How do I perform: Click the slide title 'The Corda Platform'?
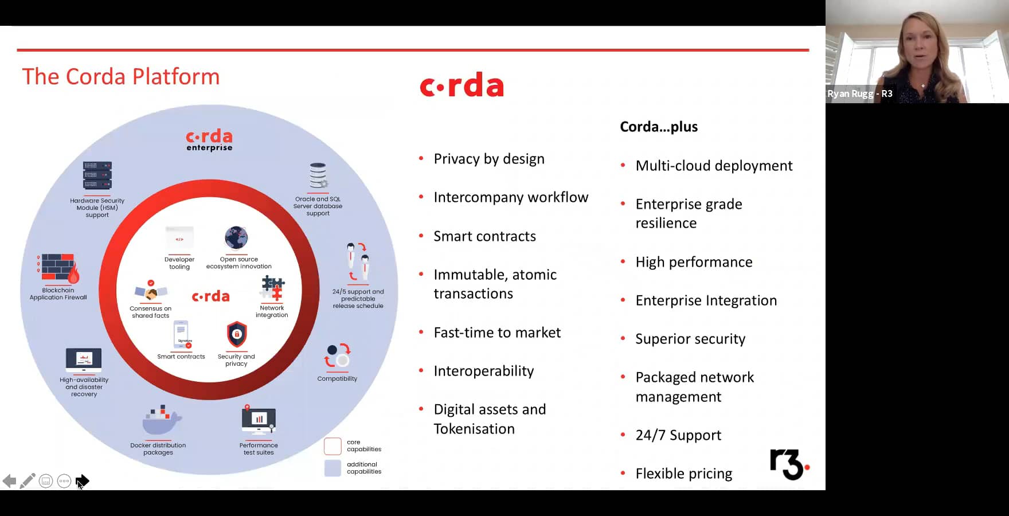tap(120, 77)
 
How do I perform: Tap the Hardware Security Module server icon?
tap(97, 175)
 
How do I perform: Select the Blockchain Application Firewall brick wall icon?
tap(58, 268)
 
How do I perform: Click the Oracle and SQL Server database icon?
tap(318, 175)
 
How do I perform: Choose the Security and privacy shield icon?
tap(237, 334)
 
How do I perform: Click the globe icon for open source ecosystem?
tap(236, 237)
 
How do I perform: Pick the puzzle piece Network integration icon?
tap(273, 288)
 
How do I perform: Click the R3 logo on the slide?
tap(789, 464)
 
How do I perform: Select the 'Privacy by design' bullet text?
tap(489, 159)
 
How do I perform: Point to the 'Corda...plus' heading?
tap(659, 127)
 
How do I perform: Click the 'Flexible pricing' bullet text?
tap(684, 474)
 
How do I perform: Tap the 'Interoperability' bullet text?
tap(484, 371)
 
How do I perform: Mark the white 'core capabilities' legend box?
tap(333, 446)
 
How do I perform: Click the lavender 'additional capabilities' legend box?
tap(333, 468)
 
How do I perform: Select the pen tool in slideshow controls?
tap(28, 481)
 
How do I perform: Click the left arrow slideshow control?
tap(9, 481)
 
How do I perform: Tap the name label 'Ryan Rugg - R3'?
tap(859, 93)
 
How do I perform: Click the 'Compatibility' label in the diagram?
tap(337, 378)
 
